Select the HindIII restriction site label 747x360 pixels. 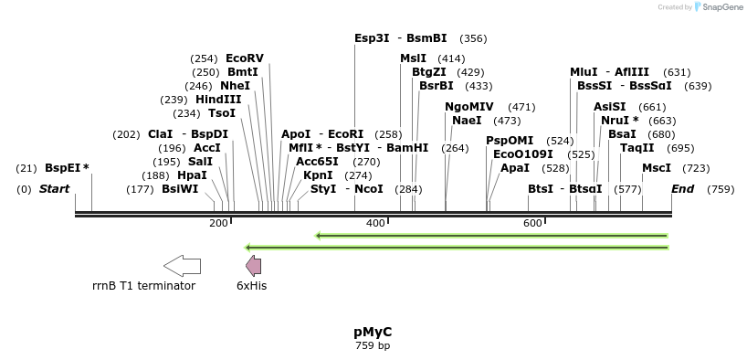(x=218, y=100)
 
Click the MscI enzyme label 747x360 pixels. (x=656, y=168)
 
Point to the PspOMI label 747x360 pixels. (x=510, y=141)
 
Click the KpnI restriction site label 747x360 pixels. (x=318, y=175)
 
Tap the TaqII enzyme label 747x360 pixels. (x=637, y=148)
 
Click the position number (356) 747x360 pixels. (x=473, y=38)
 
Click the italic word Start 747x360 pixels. (x=54, y=189)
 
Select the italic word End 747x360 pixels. (x=682, y=189)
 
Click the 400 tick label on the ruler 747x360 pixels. (x=375, y=224)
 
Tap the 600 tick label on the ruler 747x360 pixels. (x=532, y=224)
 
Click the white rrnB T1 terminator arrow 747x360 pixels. (x=182, y=266)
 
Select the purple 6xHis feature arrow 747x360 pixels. (x=254, y=266)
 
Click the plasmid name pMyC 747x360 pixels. (x=373, y=332)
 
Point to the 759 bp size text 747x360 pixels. (x=373, y=345)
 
